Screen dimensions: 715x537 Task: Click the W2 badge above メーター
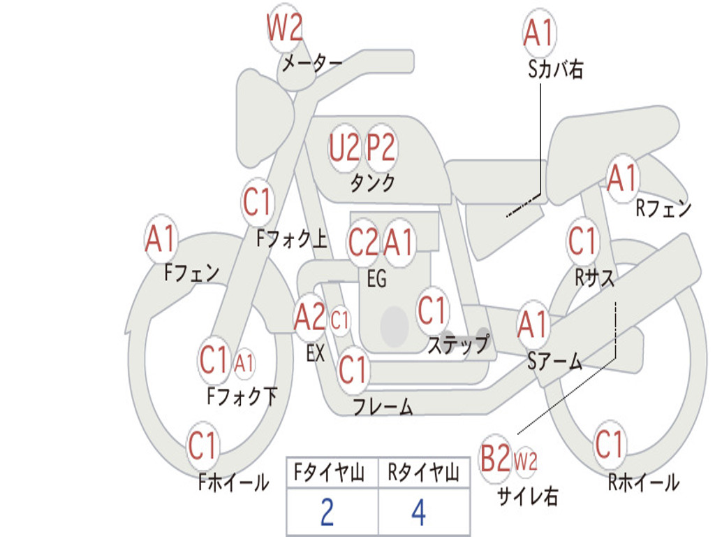[285, 28]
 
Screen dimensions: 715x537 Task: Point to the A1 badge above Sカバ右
[540, 33]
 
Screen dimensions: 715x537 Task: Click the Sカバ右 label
[555, 69]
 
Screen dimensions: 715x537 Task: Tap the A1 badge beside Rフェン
[622, 178]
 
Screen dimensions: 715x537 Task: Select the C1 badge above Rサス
[583, 241]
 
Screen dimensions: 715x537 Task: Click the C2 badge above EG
[363, 243]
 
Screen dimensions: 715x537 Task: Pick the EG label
[376, 278]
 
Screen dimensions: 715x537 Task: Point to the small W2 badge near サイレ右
[525, 461]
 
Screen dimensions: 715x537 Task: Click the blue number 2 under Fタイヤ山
[327, 513]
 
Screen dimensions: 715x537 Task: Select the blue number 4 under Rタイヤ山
[419, 513]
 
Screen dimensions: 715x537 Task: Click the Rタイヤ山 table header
[424, 473]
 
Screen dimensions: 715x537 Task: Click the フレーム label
[383, 407]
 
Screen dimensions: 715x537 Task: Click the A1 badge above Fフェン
[161, 239]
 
